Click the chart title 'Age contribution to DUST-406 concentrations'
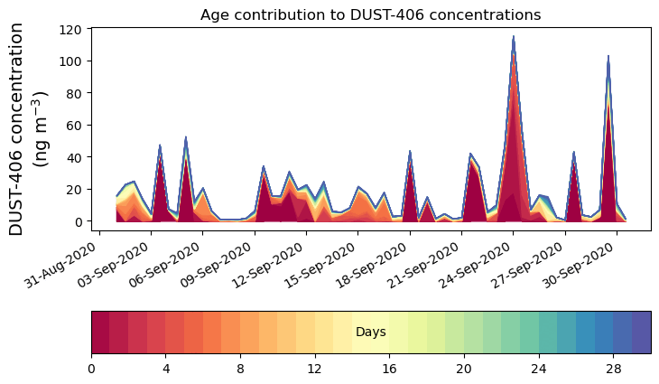tap(370, 14)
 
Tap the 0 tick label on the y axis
tap(79, 221)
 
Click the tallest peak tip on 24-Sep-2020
tap(514, 37)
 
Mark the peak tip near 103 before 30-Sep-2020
tap(608, 56)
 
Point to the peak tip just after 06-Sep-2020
tap(186, 137)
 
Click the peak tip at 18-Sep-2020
tap(410, 151)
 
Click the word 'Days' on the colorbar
tap(371, 332)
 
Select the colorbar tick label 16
tap(389, 370)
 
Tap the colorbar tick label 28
tap(613, 370)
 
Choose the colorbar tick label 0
tap(91, 370)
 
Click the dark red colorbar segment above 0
tap(100, 332)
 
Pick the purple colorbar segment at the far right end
tap(641, 332)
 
